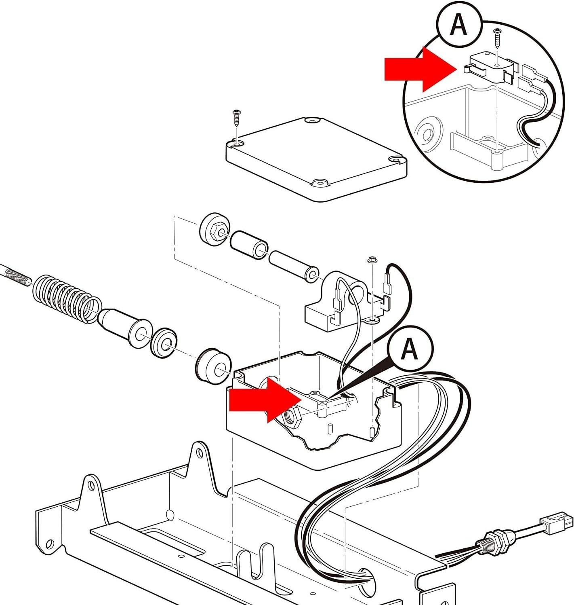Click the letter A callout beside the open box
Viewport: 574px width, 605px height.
410,348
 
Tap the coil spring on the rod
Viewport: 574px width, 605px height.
67,299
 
